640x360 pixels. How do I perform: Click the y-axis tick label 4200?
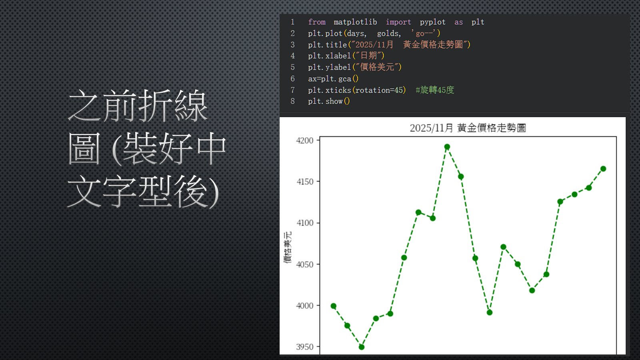click(x=305, y=140)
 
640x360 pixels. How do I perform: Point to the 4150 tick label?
click(x=305, y=182)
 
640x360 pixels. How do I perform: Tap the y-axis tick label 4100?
click(x=305, y=223)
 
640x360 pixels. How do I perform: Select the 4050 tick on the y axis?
click(x=305, y=264)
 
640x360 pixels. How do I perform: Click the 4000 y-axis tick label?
click(x=305, y=306)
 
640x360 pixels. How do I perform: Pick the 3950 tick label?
click(x=305, y=347)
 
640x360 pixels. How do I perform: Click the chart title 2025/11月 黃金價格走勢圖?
click(x=468, y=128)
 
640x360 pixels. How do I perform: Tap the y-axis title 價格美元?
click(x=288, y=248)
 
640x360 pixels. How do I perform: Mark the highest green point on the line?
click(x=447, y=147)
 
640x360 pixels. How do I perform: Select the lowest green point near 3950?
click(x=362, y=347)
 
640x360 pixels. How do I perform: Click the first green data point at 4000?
click(x=334, y=306)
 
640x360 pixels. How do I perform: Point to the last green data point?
click(x=603, y=169)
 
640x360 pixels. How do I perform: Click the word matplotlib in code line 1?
click(x=355, y=22)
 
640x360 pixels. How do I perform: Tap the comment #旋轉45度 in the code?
click(x=435, y=90)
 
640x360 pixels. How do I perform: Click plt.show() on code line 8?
click(x=329, y=102)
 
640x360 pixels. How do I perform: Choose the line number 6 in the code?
click(x=292, y=78)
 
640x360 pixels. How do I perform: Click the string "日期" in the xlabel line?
click(x=368, y=56)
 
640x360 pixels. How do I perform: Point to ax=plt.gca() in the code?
click(x=333, y=78)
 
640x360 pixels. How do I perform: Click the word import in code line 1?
click(x=398, y=22)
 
